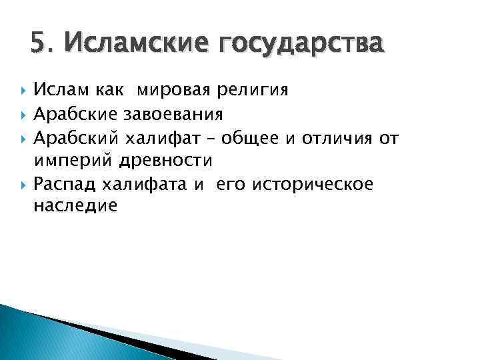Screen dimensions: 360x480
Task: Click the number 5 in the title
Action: (37, 45)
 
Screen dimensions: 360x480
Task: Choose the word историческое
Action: (310, 184)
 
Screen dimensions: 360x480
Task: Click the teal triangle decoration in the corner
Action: (40, 337)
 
